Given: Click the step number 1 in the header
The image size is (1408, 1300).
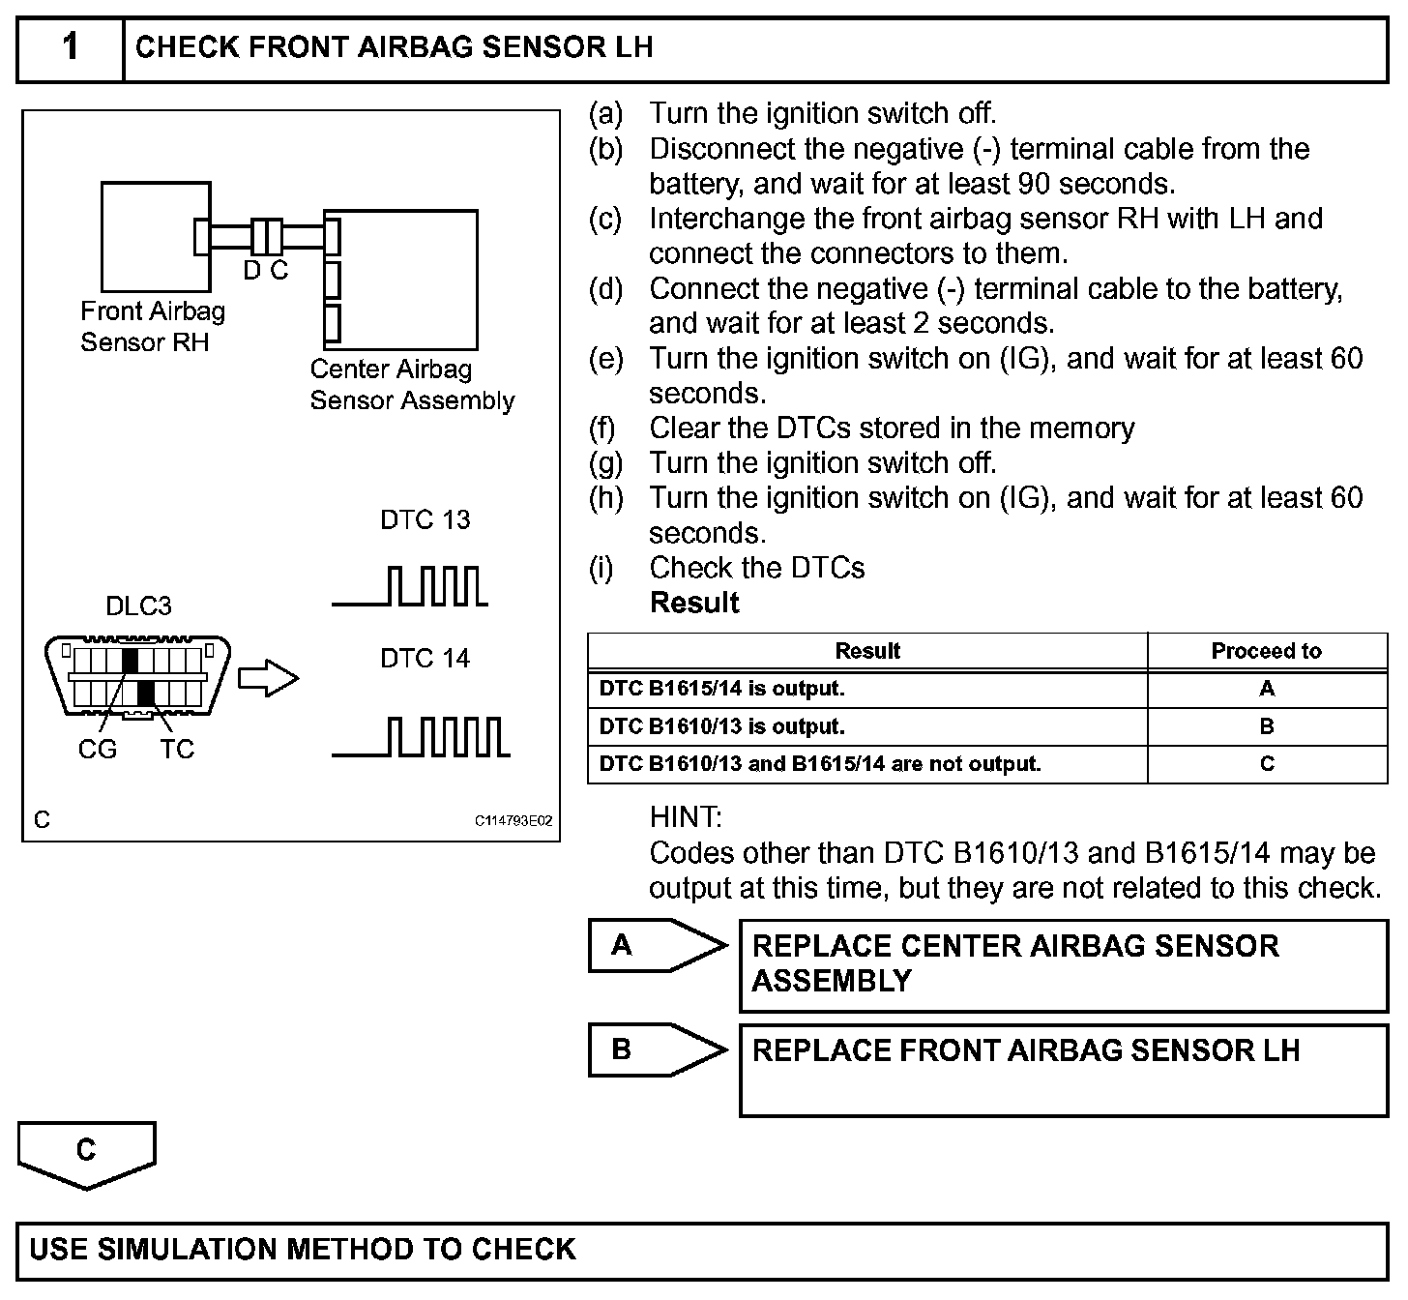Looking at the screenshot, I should [71, 47].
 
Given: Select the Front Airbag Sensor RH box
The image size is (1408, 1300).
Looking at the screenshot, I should [156, 237].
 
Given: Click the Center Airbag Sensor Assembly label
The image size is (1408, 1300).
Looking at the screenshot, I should [411, 385].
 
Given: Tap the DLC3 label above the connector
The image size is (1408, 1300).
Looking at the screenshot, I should [138, 606].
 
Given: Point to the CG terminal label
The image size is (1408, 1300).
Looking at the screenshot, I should [97, 749].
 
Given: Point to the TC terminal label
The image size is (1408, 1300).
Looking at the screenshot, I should [178, 749].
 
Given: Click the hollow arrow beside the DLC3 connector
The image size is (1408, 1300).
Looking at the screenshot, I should [268, 678].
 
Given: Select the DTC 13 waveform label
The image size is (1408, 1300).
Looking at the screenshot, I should [425, 520].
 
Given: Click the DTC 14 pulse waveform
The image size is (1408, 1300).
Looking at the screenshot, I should [421, 737].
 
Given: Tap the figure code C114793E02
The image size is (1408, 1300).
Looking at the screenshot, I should [513, 821].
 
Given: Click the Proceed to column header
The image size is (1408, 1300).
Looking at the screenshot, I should [1266, 651].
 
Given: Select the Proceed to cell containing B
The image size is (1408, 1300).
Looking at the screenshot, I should [1267, 726].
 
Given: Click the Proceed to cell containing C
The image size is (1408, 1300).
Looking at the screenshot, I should [1267, 764].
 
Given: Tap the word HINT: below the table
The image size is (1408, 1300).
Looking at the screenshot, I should [686, 817].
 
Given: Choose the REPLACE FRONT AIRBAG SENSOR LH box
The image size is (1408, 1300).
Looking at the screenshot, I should [1063, 1071].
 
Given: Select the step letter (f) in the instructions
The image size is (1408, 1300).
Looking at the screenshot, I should [602, 428].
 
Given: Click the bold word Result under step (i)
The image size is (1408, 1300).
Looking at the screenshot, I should [694, 603].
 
